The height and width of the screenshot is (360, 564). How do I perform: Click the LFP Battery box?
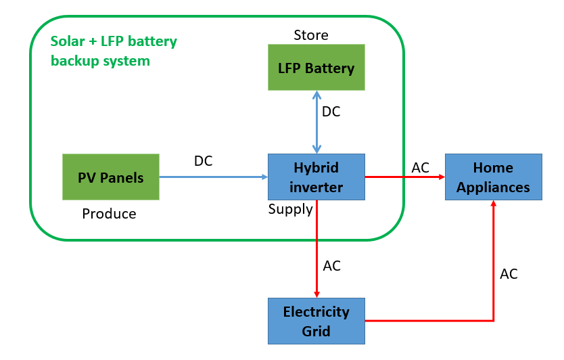pos(316,68)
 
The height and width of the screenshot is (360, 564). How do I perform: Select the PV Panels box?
pos(111,177)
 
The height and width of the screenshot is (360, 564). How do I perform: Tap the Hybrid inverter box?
pos(316,177)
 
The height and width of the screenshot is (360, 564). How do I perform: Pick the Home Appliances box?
pos(493,177)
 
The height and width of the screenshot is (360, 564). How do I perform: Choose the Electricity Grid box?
pos(316,321)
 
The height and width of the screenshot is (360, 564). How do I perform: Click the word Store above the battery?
pos(311,35)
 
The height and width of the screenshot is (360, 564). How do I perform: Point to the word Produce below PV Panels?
pos(109,214)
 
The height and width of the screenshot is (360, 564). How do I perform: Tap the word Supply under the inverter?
pos(291,209)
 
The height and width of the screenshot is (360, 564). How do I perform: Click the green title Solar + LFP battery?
pos(114,41)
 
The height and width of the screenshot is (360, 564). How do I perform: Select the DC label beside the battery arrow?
pos(331,112)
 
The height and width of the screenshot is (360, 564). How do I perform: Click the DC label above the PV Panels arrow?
pos(203,161)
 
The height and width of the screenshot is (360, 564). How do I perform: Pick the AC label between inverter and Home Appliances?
pos(420,167)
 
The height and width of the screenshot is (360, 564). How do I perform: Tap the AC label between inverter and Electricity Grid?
pos(331,266)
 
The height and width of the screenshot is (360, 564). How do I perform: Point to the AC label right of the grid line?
pos(509,274)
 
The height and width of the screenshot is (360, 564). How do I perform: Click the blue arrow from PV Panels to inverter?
pos(213,177)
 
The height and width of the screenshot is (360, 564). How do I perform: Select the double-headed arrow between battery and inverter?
pos(316,122)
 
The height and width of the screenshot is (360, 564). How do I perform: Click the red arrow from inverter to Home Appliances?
pos(404,177)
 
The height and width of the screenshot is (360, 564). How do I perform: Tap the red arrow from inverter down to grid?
pos(316,250)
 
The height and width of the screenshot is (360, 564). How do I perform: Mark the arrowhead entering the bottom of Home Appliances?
pos(493,205)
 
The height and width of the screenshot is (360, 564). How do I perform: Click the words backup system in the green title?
pos(100,61)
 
